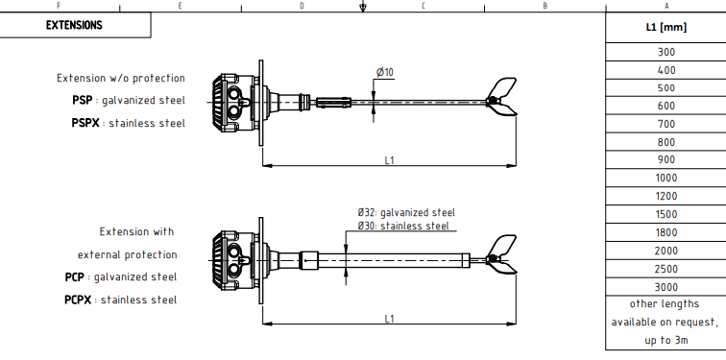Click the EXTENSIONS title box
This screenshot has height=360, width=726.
pos(75,25)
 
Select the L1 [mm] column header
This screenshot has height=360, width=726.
pos(665,27)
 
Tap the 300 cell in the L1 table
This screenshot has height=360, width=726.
pos(665,52)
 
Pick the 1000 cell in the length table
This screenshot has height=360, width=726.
pos(665,179)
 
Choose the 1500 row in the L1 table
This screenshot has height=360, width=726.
pos(665,214)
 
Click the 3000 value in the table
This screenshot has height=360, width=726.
pos(665,287)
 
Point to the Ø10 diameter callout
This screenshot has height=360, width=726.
pos(385,72)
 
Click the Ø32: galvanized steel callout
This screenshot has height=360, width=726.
pos(406,212)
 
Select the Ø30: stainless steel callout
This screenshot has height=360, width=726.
pos(402,226)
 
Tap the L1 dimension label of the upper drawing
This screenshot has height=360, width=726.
pos(389,160)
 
